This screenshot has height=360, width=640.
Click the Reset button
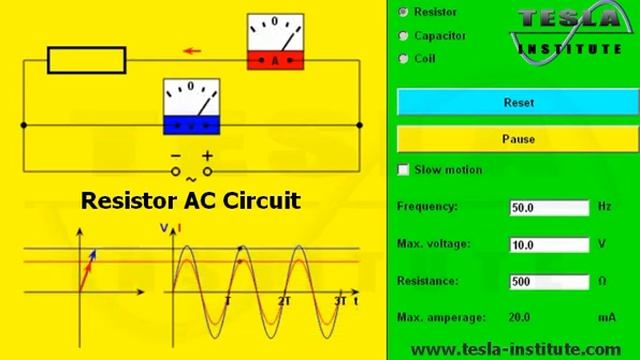pyautogui.click(x=518, y=102)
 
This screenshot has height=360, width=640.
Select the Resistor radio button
pyautogui.click(x=404, y=12)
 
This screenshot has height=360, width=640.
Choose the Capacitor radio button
pyautogui.click(x=404, y=35)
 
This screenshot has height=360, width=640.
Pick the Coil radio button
pyautogui.click(x=404, y=58)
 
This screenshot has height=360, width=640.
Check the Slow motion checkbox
pyautogui.click(x=404, y=170)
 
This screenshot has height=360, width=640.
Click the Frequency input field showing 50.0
pyautogui.click(x=549, y=208)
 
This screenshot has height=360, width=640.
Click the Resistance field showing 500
pyautogui.click(x=549, y=282)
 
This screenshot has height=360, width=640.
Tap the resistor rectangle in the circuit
pyautogui.click(x=88, y=61)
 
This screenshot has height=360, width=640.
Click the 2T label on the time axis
pyautogui.click(x=284, y=301)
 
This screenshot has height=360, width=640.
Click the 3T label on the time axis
pyautogui.click(x=340, y=301)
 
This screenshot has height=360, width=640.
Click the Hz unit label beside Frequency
pyautogui.click(x=604, y=207)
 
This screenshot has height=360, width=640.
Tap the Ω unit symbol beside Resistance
pyautogui.click(x=603, y=282)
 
